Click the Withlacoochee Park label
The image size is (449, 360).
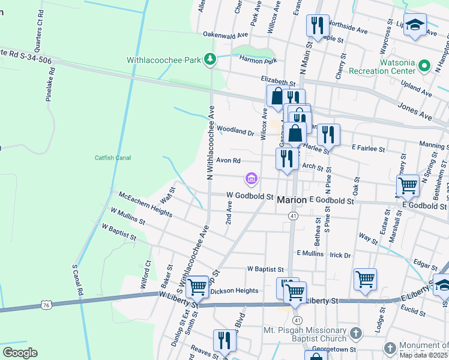[163, 60]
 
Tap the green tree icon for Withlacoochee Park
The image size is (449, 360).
[210, 59]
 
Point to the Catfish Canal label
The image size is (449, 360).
[112, 158]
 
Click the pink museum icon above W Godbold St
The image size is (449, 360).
[251, 178]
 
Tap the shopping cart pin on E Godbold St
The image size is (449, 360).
[408, 186]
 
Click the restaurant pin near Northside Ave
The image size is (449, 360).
[318, 26]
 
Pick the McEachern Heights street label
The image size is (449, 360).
[146, 202]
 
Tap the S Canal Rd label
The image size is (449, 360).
[77, 280]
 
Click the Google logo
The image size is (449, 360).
[20, 352]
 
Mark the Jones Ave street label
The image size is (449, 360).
[415, 109]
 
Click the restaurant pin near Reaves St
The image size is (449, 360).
[224, 341]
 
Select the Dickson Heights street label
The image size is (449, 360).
[234, 291]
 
